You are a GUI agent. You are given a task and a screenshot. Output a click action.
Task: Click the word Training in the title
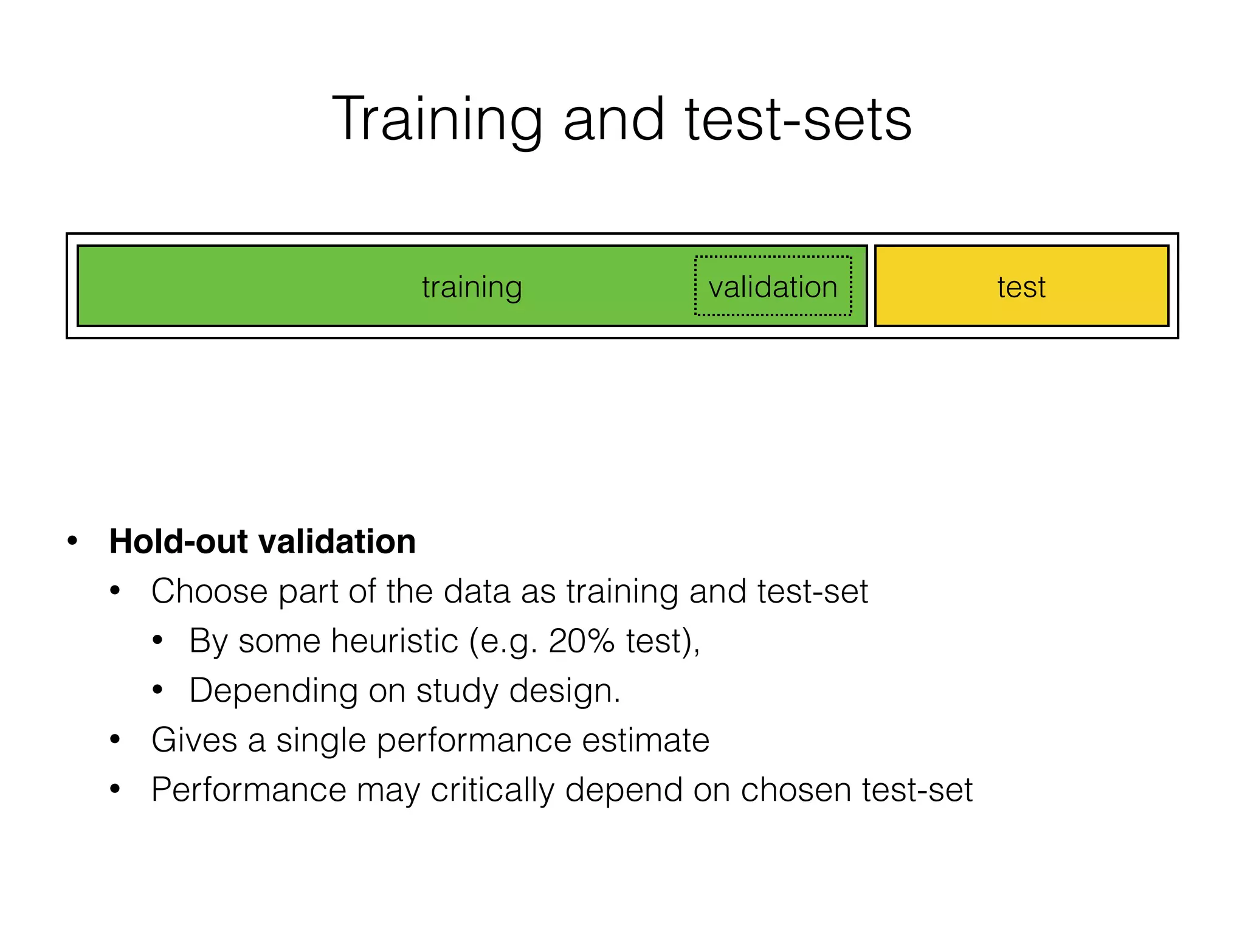tap(436, 120)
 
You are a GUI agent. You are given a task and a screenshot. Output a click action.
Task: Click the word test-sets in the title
tap(798, 120)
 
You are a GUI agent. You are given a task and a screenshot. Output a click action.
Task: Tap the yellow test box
tap(1021, 286)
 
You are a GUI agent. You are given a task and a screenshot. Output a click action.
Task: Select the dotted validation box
tap(773, 286)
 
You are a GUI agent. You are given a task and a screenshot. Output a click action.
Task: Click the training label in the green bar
tap(472, 287)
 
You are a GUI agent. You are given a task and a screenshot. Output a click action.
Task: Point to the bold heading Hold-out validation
tap(262, 541)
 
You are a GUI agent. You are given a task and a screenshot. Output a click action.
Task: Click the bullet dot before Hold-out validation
tap(72, 541)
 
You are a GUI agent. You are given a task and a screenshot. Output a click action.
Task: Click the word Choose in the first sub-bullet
tap(209, 591)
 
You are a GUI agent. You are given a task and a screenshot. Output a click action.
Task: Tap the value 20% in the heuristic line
tap(581, 641)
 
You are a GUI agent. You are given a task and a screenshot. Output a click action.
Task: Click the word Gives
tap(194, 740)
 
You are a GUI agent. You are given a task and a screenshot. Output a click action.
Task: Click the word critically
tap(492, 790)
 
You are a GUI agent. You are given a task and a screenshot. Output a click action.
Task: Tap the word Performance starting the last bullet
tap(249, 790)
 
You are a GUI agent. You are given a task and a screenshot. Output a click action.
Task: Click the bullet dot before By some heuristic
tap(157, 640)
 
